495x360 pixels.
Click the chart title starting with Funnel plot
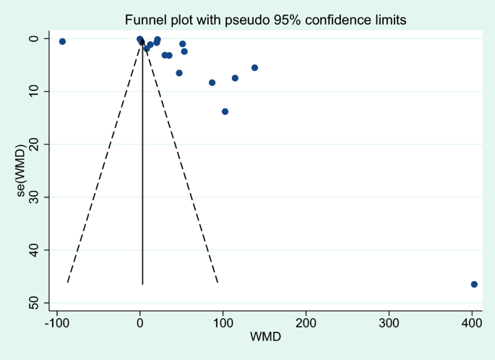coord(266,20)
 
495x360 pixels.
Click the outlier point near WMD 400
coord(474,284)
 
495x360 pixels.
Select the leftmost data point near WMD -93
coord(62,41)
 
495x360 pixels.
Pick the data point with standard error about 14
coord(225,111)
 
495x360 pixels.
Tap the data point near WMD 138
coord(254,67)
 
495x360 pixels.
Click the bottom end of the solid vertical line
coord(142,284)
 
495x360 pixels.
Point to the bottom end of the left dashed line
coord(66,283)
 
